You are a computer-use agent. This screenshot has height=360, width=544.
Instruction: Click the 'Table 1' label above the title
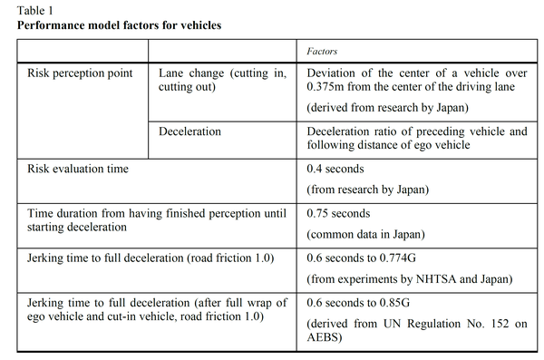click(34, 9)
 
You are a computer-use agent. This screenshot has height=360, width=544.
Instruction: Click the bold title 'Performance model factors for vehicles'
click(119, 24)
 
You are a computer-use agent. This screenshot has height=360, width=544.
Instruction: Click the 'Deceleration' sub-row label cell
click(189, 131)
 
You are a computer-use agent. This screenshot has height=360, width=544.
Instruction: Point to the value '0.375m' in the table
click(329, 88)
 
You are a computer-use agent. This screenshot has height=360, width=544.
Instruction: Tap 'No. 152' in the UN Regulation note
click(461, 323)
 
